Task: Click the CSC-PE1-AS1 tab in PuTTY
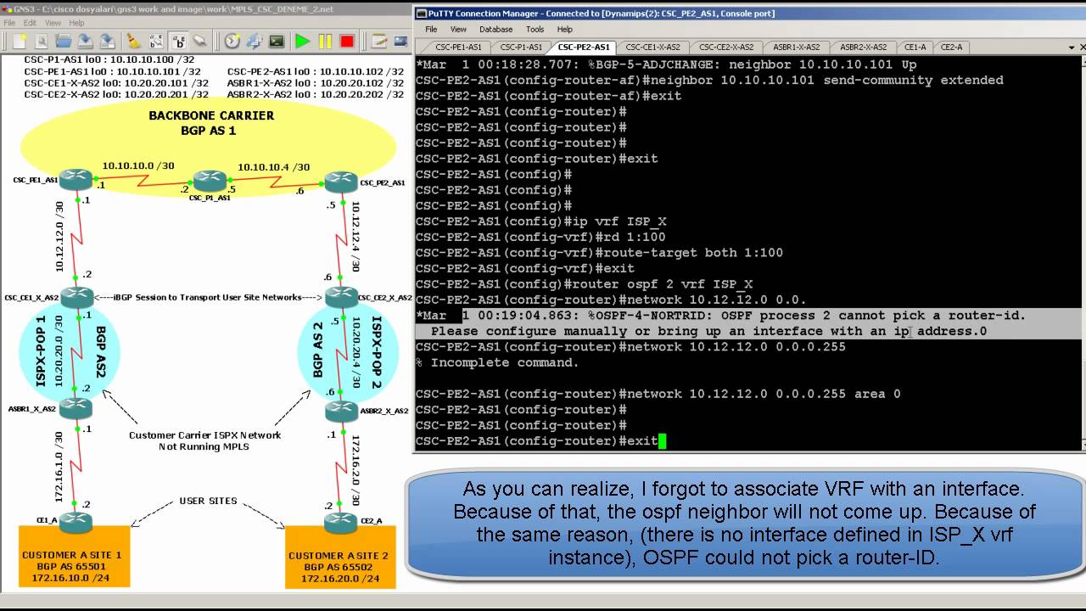[457, 48]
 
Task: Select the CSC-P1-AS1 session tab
[520, 48]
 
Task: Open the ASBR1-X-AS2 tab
[796, 48]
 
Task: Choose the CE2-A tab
[951, 48]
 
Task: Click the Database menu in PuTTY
[495, 30]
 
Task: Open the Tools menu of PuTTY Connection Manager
[535, 30]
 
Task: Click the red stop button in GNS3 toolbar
[347, 41]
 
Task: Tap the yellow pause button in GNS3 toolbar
[325, 41]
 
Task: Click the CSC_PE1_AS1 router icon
[76, 179]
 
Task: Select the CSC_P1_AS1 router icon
[209, 180]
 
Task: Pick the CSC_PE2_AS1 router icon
[340, 181]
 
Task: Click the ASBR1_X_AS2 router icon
[76, 408]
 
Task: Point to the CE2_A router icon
[339, 523]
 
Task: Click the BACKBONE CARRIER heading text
[211, 115]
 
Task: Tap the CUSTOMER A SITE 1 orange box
[75, 557]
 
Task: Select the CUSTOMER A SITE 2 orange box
[339, 557]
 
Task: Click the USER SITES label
[209, 501]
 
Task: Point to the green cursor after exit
[663, 441]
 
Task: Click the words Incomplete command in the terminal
[504, 363]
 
